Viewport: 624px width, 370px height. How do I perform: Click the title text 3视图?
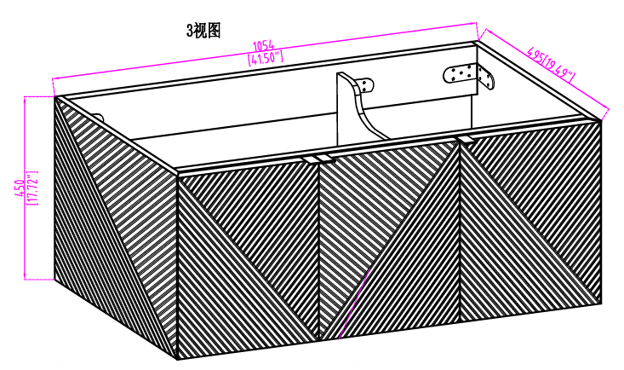coord(203,31)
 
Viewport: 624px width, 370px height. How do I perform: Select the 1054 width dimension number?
coord(263,45)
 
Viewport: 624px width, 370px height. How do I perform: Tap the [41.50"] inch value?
coord(265,58)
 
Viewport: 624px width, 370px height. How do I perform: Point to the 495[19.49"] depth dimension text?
coord(551,63)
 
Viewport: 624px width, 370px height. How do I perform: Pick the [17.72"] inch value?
coord(31,188)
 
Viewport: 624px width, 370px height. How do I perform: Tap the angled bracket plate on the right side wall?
coord(486,78)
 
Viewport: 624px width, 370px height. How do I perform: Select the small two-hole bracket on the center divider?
coord(366,86)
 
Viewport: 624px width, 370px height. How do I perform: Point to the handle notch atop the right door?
coord(467,139)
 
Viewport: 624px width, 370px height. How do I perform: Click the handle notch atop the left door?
coord(310,159)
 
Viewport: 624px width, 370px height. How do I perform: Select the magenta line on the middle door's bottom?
coord(354,304)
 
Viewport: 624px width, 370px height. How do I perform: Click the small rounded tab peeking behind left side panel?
coord(99,118)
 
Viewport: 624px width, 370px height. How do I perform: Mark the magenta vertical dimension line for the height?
coord(25,188)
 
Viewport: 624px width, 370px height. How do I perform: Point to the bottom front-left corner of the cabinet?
coord(177,359)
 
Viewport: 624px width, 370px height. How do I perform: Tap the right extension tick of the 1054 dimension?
coord(478,32)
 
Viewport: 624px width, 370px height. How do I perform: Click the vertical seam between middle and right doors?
coord(459,232)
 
